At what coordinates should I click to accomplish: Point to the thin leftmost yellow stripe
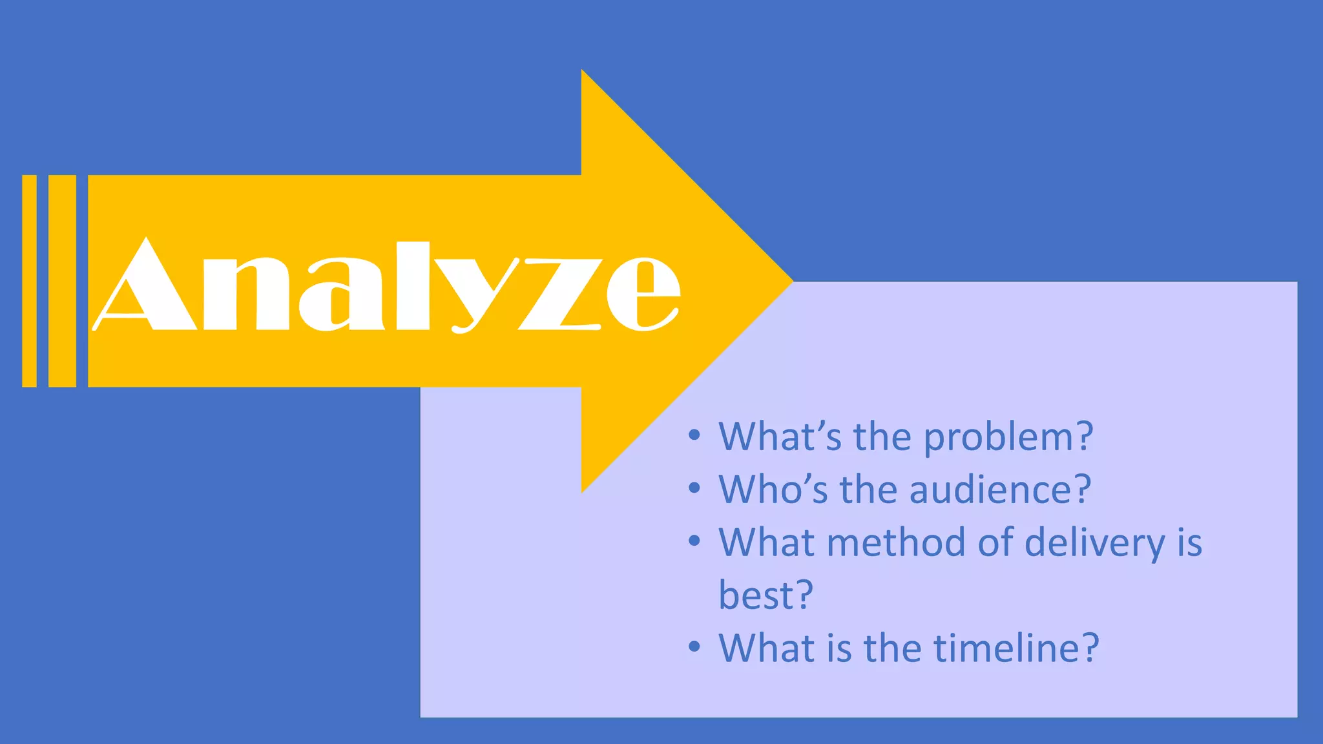coord(29,281)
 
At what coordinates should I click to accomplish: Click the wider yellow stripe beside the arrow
coord(62,281)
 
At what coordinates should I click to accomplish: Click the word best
coord(755,595)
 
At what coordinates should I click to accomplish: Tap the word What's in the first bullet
coord(780,437)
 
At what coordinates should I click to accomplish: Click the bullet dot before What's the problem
coord(694,435)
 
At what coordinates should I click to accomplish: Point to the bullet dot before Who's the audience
coord(694,487)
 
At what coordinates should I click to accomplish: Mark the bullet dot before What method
coord(694,540)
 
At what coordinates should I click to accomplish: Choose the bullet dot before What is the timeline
coord(694,646)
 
